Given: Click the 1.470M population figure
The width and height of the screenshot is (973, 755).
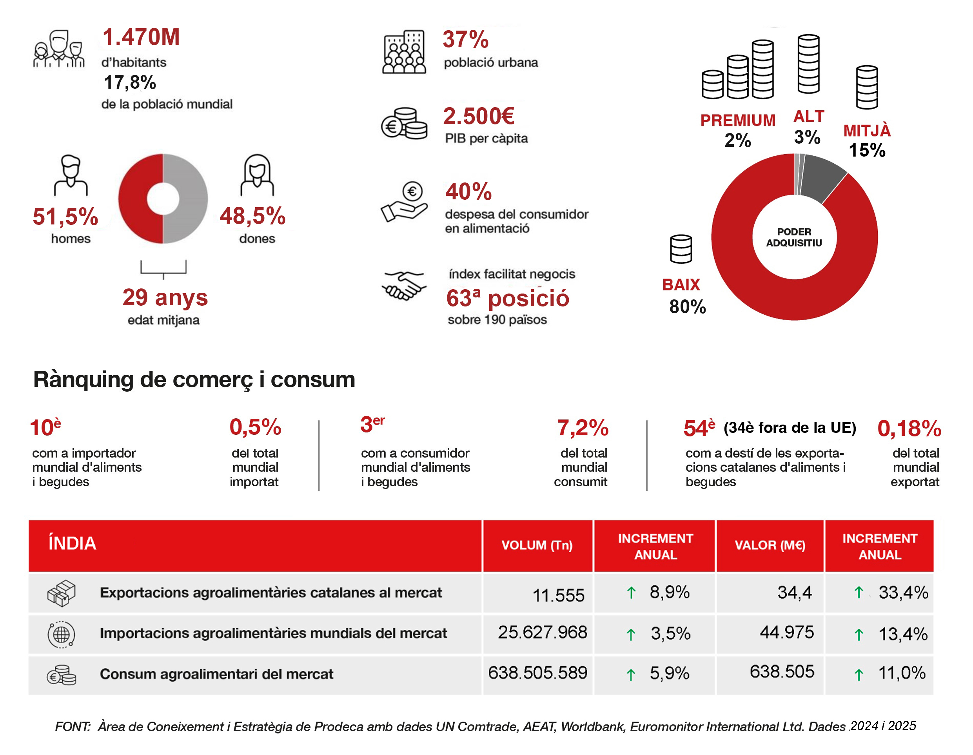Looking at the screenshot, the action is (141, 36).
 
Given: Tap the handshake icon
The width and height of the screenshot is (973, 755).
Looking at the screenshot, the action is (404, 285).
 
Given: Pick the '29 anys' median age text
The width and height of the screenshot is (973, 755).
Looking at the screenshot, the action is (165, 297).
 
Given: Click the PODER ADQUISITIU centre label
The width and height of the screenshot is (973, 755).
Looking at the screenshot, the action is (794, 237).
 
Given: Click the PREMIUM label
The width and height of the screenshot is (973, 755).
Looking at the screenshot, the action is (738, 120).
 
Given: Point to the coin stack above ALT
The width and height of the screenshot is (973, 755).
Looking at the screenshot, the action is (808, 64).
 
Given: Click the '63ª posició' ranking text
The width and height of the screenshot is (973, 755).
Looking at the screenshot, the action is (508, 298).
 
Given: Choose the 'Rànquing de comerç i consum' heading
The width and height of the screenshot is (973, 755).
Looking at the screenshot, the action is (194, 379).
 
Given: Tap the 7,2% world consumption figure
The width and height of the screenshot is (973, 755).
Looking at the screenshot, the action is (583, 428).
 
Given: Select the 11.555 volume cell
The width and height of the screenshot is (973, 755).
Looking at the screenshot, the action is (558, 595).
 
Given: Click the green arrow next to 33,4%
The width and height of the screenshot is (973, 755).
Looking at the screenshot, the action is (859, 593).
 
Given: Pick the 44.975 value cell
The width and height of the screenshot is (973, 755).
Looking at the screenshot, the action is (787, 632).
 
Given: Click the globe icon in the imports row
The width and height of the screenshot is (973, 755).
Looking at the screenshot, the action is (62, 634).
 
